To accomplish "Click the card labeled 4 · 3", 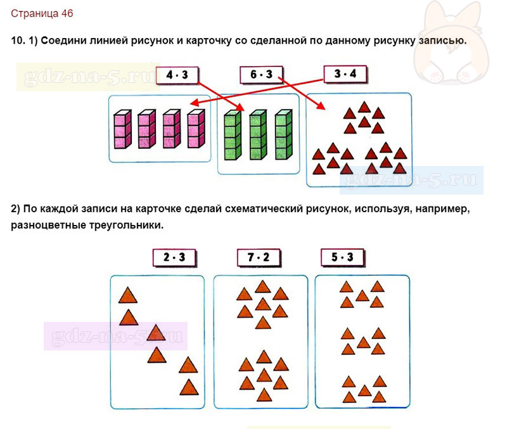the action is point(177,75).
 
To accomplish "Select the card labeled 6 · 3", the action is point(261,75).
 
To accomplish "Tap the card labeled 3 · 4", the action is point(345,74).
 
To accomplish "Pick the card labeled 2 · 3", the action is point(174,258).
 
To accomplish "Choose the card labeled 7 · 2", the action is point(259,258).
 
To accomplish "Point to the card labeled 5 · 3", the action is point(343,257).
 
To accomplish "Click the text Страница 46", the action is point(42,13).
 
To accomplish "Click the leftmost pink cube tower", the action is point(122,129).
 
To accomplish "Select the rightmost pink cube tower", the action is point(196,129).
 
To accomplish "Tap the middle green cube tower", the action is point(258,135).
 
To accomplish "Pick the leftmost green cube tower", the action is point(233,135).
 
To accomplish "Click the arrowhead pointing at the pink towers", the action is point(194,103).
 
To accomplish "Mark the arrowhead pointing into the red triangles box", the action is point(321,106).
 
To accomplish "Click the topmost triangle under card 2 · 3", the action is point(128,295).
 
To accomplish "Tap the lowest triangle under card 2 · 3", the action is point(189,387).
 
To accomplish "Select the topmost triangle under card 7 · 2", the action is point(262,287).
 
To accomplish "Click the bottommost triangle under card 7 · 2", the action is point(264,395).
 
